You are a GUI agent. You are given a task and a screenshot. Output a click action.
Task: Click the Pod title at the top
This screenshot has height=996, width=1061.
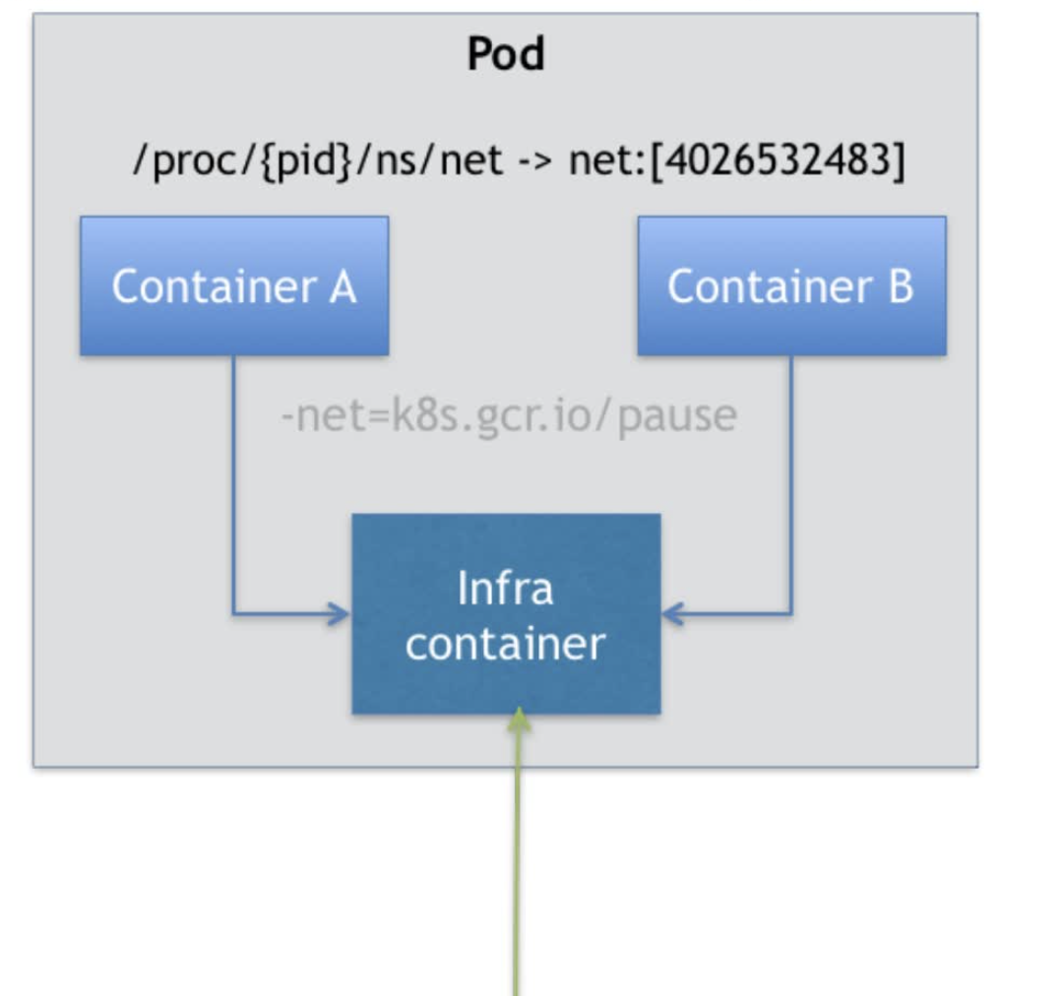tap(505, 54)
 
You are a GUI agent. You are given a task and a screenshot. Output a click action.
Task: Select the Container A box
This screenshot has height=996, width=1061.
tap(234, 286)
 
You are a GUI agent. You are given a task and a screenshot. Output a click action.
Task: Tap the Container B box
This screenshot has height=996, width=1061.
tap(791, 286)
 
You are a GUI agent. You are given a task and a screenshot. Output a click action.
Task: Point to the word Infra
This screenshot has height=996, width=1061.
tap(505, 589)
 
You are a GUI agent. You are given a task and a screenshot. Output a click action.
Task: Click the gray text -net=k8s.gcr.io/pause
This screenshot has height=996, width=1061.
tap(508, 416)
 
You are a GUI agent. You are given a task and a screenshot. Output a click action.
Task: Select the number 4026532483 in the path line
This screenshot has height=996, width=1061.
tap(776, 159)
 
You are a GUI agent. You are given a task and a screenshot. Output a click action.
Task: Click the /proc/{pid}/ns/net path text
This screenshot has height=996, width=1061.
tap(317, 159)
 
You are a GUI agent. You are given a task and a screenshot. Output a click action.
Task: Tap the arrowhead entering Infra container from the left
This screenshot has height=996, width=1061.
tap(341, 615)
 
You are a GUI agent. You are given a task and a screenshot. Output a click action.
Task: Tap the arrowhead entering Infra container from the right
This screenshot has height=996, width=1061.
tap(672, 615)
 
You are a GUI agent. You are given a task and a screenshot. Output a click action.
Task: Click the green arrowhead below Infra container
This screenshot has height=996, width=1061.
tap(520, 721)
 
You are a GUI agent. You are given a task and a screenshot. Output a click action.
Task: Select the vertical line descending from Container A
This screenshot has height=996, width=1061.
tap(233, 482)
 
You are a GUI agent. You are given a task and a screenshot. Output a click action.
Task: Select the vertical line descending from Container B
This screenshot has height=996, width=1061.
tap(791, 482)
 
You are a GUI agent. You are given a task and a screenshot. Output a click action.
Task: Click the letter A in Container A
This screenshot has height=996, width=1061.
tap(341, 286)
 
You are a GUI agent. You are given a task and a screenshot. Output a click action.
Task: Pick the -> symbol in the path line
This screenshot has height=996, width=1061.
tap(535, 160)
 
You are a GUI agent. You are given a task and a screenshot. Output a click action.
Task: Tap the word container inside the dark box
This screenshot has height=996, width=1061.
tap(505, 644)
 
